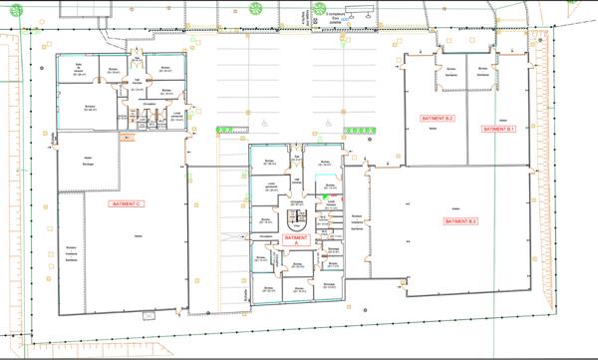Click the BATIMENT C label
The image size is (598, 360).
coord(128,203)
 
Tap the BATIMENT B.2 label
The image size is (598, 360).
coord(437,119)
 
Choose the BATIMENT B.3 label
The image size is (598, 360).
coord(460,220)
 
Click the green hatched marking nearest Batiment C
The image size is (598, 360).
coord(230,130)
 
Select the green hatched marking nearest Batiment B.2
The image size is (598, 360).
coord(361,130)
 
